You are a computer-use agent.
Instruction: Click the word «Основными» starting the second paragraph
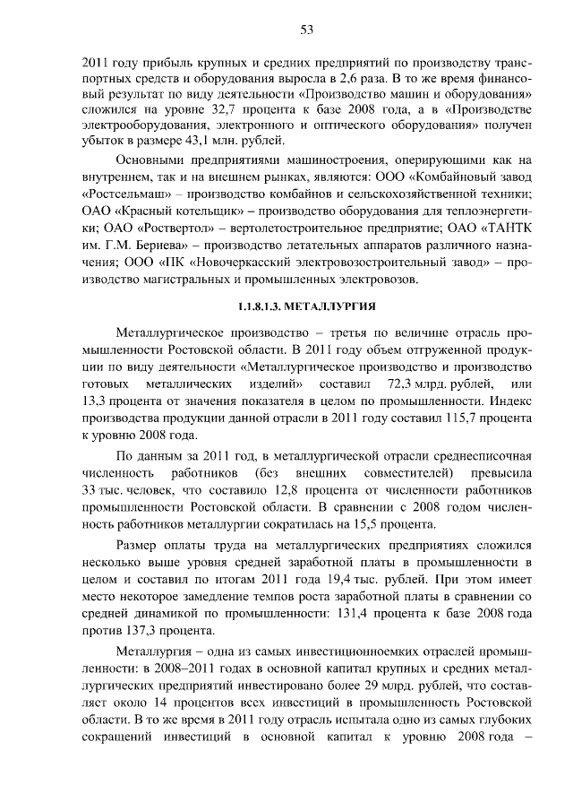155,160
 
